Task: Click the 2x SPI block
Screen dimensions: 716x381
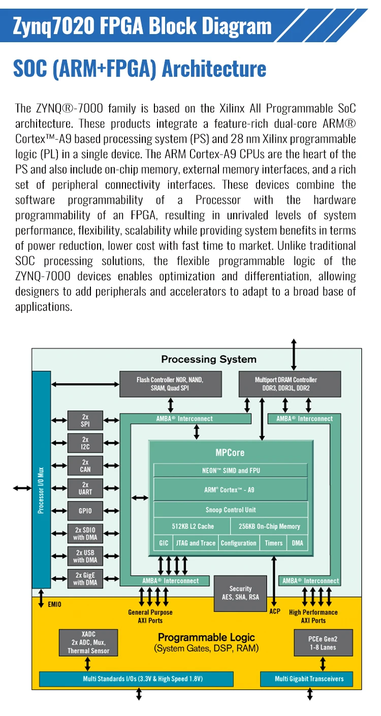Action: pos(85,421)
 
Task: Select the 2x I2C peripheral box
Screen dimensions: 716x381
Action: pos(85,443)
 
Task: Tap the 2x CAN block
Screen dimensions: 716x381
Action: pos(85,466)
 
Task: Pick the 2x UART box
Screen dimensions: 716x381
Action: pos(85,488)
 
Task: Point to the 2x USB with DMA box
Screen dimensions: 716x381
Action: pos(85,556)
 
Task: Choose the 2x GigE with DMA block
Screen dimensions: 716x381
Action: pos(85,579)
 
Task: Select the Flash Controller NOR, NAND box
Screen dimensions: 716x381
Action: pos(170,384)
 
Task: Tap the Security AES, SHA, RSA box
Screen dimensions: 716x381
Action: pos(240,593)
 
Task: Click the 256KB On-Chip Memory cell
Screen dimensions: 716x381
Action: pos(269,526)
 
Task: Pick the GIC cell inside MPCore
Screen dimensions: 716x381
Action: pos(164,543)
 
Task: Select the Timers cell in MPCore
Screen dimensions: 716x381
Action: pos(273,543)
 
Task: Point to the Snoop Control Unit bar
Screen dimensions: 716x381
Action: pos(231,510)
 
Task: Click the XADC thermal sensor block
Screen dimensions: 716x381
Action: pos(89,643)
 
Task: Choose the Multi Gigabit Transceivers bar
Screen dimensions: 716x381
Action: pos(309,679)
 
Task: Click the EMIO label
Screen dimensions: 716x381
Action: pos(55,605)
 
